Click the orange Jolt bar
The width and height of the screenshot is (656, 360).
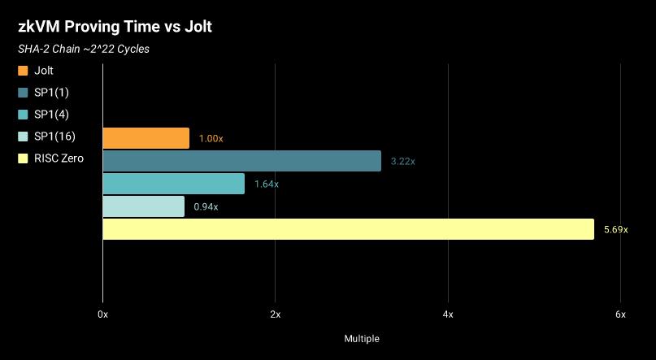point(146,138)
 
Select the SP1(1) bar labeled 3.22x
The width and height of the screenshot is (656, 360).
point(241,161)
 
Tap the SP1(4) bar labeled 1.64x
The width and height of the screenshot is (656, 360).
point(173,184)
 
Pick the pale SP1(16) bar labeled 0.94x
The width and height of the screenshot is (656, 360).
point(143,206)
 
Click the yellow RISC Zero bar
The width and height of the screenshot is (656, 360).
point(348,229)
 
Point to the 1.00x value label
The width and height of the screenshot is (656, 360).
point(211,139)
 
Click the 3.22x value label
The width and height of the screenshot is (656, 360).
point(402,162)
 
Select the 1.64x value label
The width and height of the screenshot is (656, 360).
point(266,184)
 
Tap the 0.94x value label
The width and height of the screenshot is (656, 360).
point(206,207)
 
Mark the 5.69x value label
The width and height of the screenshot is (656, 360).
point(615,230)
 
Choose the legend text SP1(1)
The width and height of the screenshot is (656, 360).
point(52,93)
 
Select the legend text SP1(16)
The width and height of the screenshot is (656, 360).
point(54,137)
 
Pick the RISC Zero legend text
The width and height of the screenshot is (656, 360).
point(59,158)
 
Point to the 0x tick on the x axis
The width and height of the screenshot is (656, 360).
point(102,314)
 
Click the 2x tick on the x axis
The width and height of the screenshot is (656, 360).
point(275,314)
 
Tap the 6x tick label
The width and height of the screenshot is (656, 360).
point(620,314)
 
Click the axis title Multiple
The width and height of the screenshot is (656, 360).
point(362,338)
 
